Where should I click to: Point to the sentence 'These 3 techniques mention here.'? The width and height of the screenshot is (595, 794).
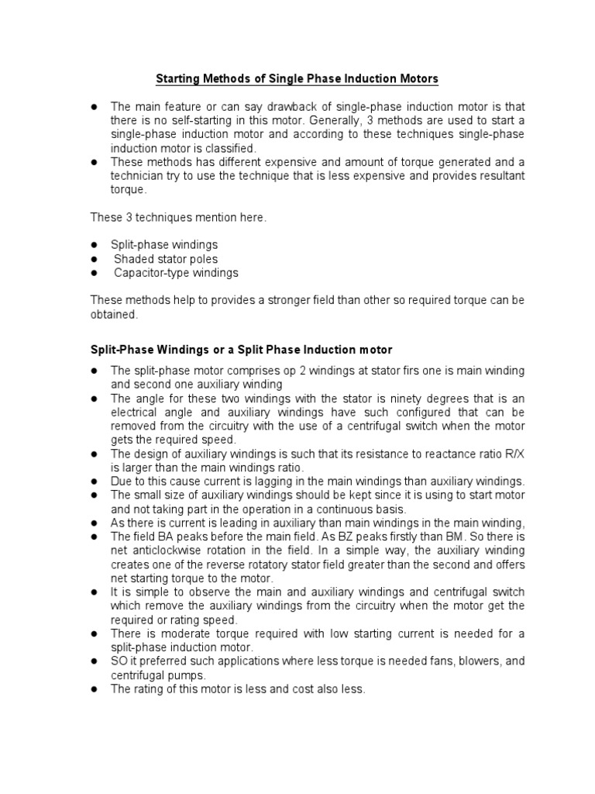[178, 218]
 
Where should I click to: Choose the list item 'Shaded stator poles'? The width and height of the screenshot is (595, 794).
[166, 259]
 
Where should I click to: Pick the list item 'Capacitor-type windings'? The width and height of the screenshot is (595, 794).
[176, 273]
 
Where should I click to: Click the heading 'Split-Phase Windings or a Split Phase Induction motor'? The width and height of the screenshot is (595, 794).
[242, 350]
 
